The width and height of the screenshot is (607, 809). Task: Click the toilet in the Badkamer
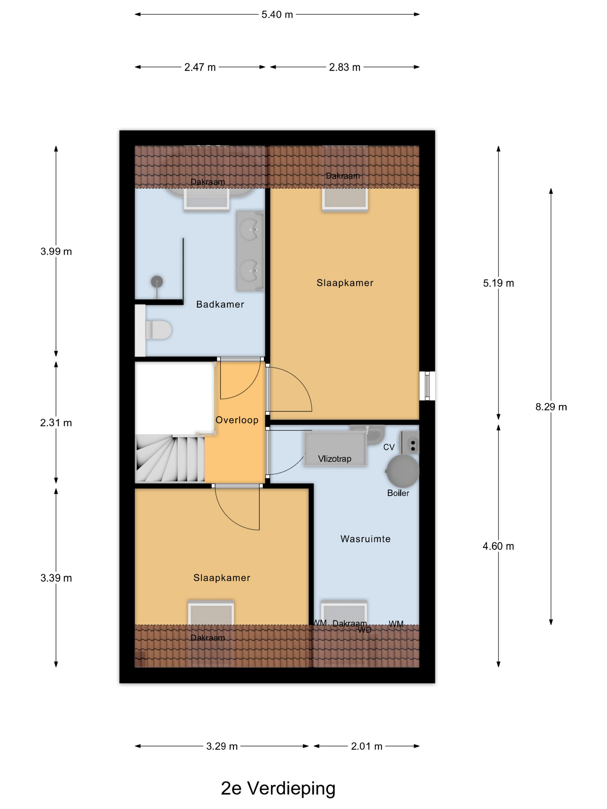click(158, 330)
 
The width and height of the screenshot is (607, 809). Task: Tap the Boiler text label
click(398, 493)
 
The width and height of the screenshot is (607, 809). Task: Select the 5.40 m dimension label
click(277, 15)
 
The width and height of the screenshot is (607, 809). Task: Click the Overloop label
click(237, 420)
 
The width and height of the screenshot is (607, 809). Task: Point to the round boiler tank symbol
click(402, 471)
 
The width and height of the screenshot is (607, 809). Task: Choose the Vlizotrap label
click(334, 459)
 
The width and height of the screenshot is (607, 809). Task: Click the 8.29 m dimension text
click(551, 407)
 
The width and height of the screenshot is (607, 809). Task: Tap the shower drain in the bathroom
click(157, 282)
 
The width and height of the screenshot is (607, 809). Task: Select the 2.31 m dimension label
click(56, 423)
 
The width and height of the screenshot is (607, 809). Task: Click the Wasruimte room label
click(365, 539)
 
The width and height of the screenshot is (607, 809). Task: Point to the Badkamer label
click(220, 304)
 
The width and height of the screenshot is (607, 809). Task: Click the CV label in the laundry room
click(389, 447)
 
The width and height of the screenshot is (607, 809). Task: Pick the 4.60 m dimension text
click(498, 546)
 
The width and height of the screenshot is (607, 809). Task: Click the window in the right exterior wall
click(427, 386)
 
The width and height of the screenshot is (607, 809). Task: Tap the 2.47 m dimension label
click(200, 67)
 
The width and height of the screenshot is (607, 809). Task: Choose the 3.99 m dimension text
click(56, 251)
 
